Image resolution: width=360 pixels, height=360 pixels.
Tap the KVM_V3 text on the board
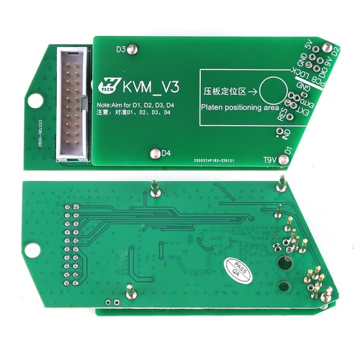(x=150, y=85)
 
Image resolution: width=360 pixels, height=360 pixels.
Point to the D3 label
(x=120, y=49)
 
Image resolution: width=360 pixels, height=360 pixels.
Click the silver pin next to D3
(x=132, y=48)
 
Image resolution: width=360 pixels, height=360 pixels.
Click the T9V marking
(x=270, y=159)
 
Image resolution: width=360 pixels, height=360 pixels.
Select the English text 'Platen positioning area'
(x=240, y=108)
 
